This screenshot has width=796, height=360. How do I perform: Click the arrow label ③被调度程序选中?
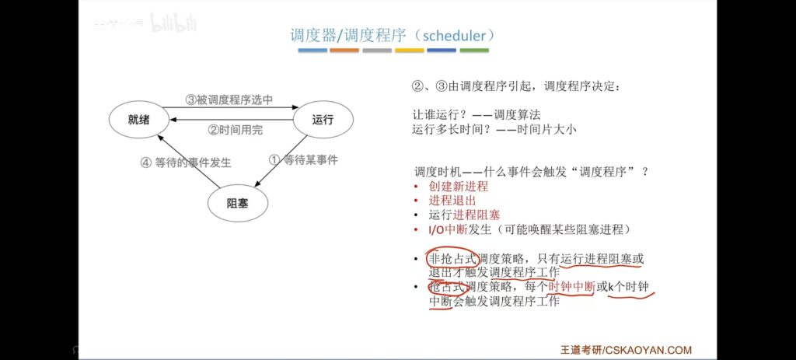[x=229, y=100]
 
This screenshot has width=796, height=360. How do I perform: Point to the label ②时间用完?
[x=236, y=130]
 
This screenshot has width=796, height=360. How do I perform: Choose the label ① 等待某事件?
[x=303, y=160]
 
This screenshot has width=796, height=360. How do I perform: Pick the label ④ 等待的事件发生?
[x=186, y=163]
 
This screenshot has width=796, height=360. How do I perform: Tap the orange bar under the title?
[x=344, y=51]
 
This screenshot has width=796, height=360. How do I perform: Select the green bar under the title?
[x=474, y=51]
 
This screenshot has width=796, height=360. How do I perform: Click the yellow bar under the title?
[x=409, y=51]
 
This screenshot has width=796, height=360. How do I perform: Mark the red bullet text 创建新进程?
[x=459, y=187]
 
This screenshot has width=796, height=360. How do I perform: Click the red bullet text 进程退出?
[x=452, y=201]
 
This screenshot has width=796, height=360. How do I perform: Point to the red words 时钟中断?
[x=571, y=288]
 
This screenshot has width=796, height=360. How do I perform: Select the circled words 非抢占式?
[x=453, y=259]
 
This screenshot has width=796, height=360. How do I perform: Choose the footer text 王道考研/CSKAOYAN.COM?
[x=626, y=350]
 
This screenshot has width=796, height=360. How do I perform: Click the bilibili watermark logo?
[x=174, y=23]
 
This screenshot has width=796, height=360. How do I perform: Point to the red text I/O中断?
[x=444, y=229]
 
